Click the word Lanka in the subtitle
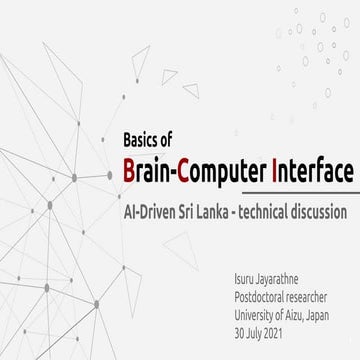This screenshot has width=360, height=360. pyautogui.click(x=237, y=213)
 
